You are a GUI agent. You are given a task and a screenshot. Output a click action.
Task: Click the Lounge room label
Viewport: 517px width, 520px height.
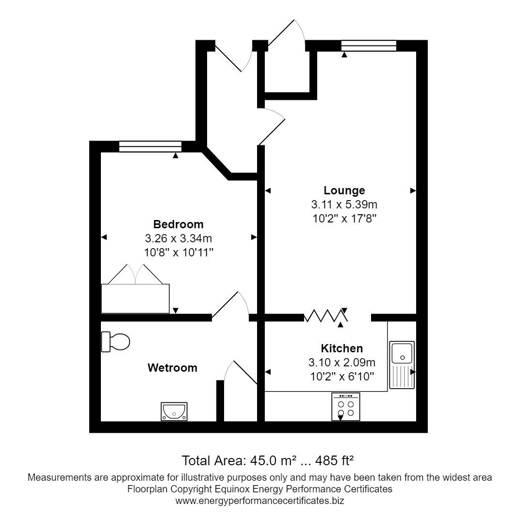tap(344, 190)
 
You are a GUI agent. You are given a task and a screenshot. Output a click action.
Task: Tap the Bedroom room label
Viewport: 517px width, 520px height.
tap(178, 224)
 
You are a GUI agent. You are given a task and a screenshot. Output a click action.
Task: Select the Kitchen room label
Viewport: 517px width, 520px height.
tap(341, 348)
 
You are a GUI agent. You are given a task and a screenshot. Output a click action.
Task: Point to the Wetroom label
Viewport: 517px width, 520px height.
tap(172, 368)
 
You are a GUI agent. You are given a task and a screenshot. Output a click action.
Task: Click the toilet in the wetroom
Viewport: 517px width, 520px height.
tap(116, 342)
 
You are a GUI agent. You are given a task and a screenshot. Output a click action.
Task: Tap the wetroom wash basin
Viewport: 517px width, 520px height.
tap(174, 411)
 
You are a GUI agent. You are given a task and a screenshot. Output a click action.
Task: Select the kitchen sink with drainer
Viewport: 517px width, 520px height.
tap(402, 364)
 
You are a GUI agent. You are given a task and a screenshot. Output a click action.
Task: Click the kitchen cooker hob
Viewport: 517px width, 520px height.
tap(346, 407)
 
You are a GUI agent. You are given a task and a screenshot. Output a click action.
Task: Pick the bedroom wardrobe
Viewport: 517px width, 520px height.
tap(135, 298)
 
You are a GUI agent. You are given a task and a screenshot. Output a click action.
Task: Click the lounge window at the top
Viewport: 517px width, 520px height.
tap(369, 46)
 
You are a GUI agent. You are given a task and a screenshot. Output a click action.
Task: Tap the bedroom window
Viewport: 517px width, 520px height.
tap(150, 146)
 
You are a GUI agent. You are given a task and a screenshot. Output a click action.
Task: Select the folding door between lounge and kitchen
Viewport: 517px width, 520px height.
tap(325, 316)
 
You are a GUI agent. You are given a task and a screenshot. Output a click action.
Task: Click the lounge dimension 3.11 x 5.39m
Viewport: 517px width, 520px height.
tap(344, 205)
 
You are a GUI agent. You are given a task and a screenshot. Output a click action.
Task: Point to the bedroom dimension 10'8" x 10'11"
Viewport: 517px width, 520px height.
tap(178, 252)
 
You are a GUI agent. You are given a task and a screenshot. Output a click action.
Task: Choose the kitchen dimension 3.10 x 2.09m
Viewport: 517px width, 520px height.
tap(341, 362)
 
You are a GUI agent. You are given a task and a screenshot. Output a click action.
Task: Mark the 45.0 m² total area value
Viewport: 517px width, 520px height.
tap(274, 459)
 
